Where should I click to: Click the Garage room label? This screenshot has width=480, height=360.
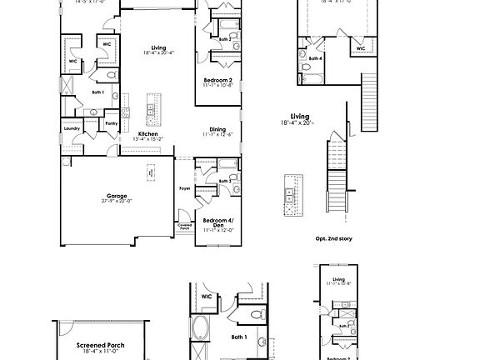pyautogui.click(x=117, y=196)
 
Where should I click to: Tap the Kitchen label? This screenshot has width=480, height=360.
pyautogui.click(x=148, y=133)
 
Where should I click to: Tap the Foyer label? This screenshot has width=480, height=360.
pyautogui.click(x=185, y=188)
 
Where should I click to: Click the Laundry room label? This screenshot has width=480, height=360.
pyautogui.click(x=72, y=128)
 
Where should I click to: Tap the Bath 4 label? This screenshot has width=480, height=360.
pyautogui.click(x=316, y=58)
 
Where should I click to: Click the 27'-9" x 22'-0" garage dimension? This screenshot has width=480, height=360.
pyautogui.click(x=117, y=202)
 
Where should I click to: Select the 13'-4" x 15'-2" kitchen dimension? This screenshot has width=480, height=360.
pyautogui.click(x=148, y=139)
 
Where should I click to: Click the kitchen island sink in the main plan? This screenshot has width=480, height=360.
pyautogui.click(x=151, y=109)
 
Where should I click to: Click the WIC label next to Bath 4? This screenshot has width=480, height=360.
pyautogui.click(x=361, y=48)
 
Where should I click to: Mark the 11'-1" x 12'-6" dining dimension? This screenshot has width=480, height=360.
pyautogui.click(x=217, y=134)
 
